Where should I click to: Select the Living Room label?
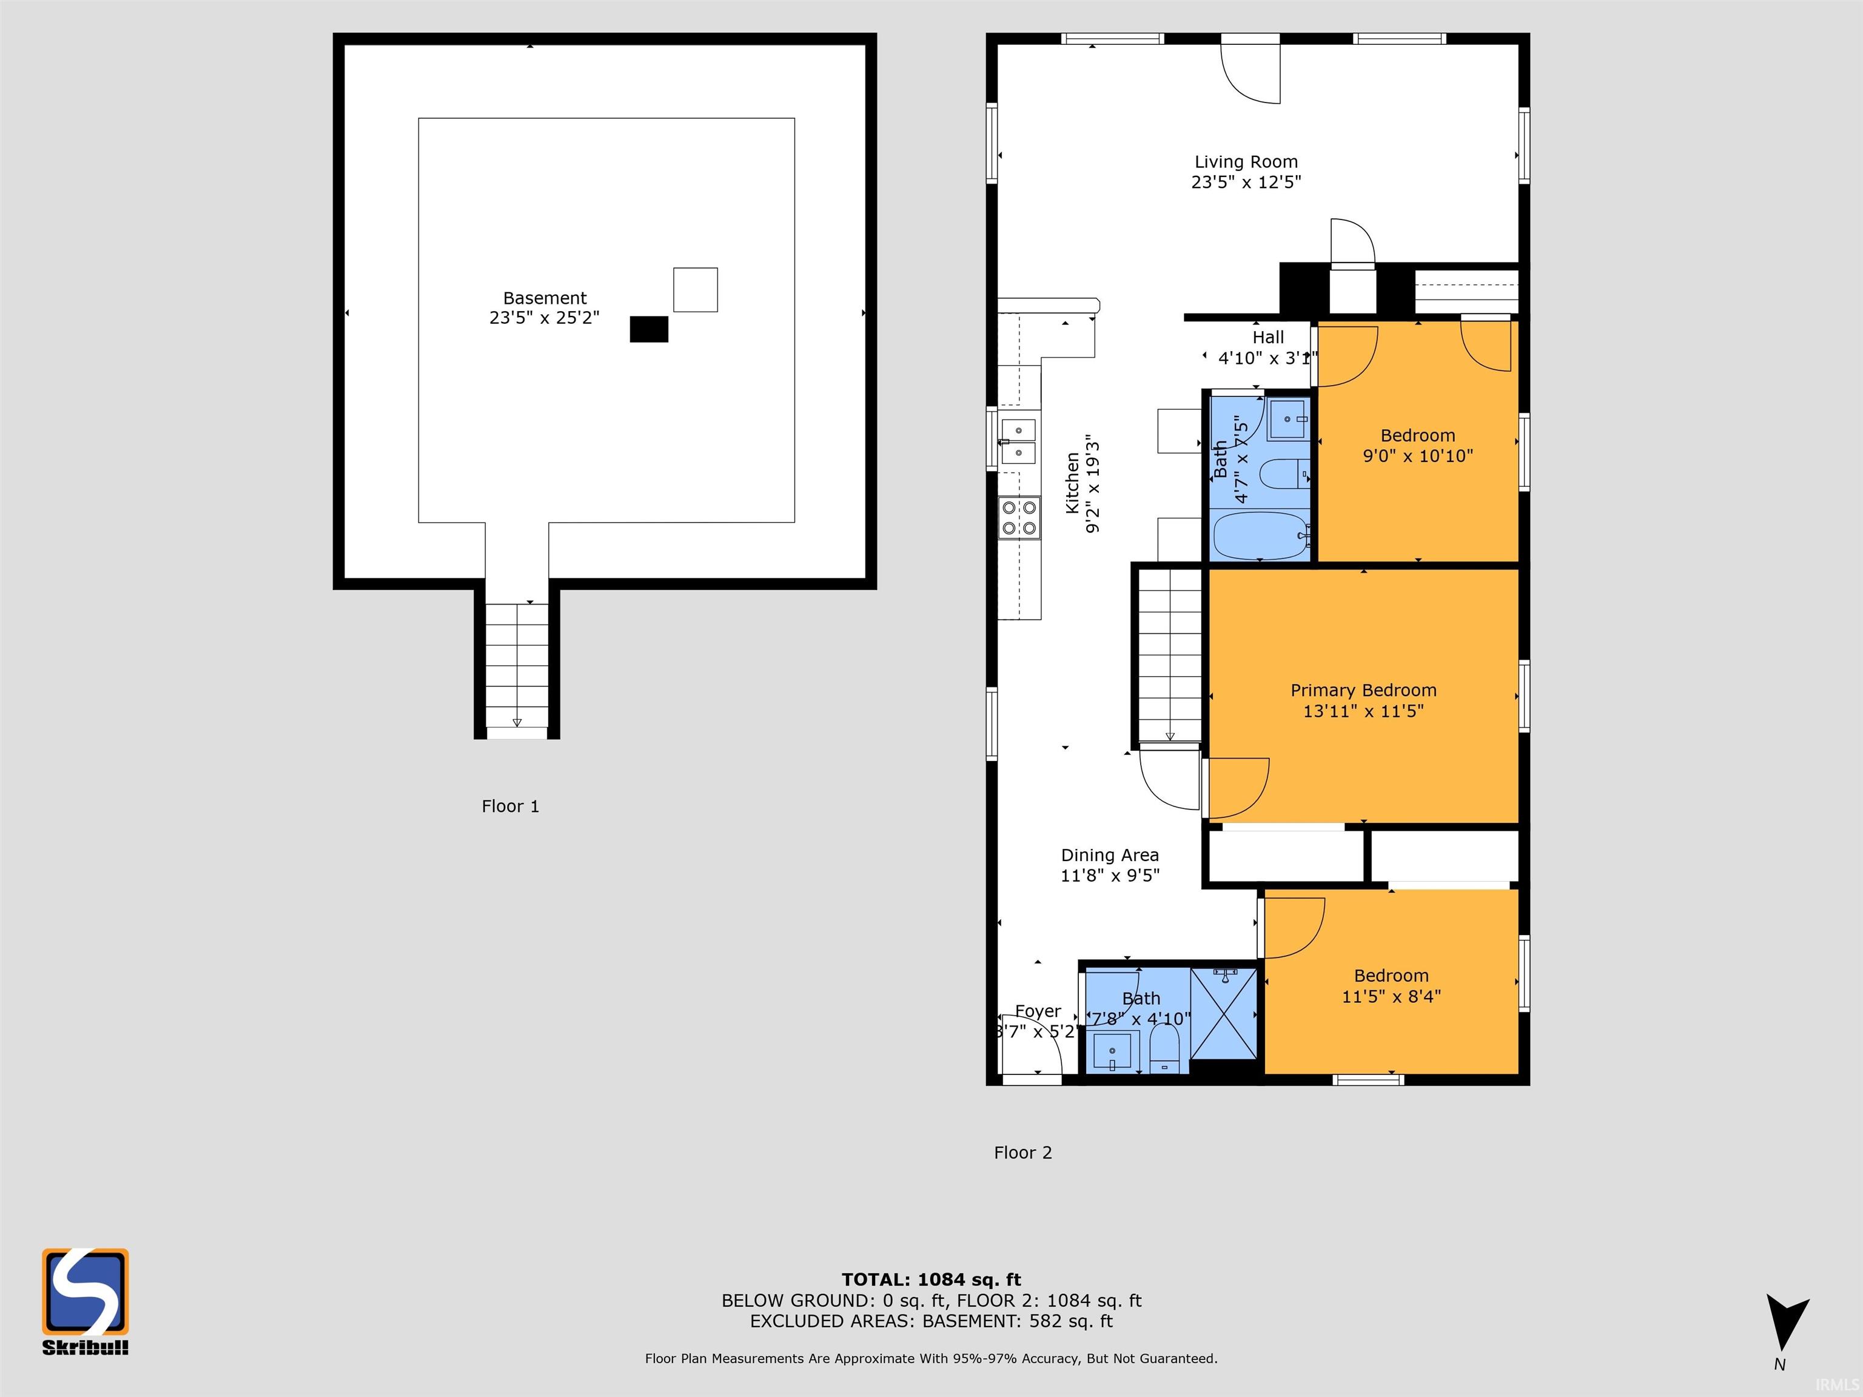(1246, 162)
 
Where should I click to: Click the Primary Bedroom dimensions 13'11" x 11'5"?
(1363, 711)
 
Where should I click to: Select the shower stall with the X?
(1224, 1013)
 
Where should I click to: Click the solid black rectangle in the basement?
(648, 329)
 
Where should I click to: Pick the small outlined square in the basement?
(695, 290)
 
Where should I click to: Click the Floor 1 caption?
(509, 806)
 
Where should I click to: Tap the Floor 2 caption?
(1022, 1152)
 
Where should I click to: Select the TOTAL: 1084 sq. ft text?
(931, 1280)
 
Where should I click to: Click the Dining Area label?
(1109, 855)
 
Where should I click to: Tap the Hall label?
(1267, 337)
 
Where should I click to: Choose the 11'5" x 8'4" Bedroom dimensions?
(1391, 996)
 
